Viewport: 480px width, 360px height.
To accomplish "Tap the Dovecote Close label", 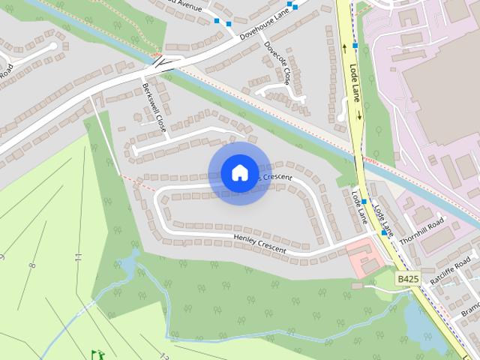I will point(277,62).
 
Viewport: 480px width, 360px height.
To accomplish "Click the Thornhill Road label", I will point(422,230).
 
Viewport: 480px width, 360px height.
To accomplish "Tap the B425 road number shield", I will point(408,279).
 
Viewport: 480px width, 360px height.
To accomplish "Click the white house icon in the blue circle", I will point(239,172).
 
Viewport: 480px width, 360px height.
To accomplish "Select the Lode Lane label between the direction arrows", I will point(355,83).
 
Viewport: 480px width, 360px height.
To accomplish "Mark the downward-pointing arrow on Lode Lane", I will point(359,115).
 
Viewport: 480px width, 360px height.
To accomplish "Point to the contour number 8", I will point(32,265).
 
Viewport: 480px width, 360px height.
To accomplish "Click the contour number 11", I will point(78,256).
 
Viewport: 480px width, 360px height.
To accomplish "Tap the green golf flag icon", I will point(96,353).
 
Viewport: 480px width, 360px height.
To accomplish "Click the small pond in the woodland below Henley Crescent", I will point(128,264).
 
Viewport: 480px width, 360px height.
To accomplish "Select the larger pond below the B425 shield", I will point(417,319).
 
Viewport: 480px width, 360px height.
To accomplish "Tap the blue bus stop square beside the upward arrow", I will point(355,46).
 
